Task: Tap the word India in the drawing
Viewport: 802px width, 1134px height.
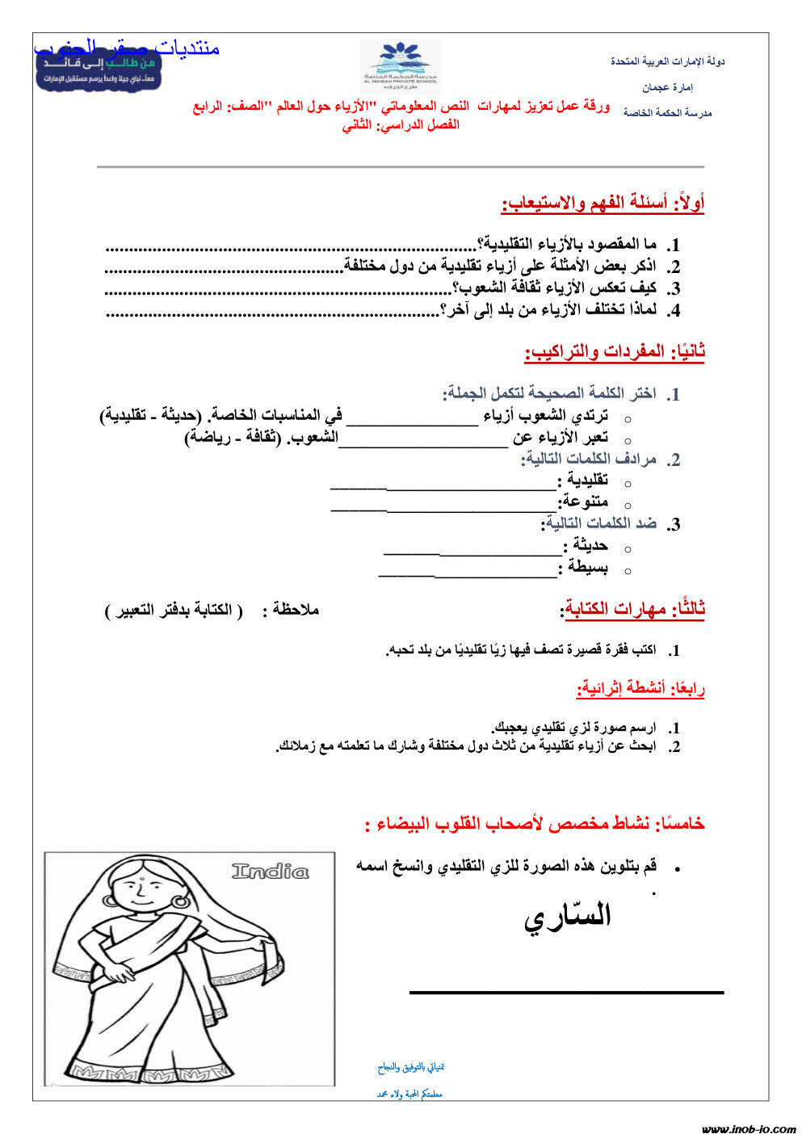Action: click(270, 871)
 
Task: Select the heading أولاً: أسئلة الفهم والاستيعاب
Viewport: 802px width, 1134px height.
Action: click(603, 203)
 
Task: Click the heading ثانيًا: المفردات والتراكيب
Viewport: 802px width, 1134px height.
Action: click(615, 351)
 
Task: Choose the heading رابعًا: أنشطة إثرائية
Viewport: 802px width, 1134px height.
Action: click(640, 688)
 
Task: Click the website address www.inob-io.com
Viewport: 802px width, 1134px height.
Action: click(748, 1128)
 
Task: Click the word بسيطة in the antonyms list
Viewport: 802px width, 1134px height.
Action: click(587, 567)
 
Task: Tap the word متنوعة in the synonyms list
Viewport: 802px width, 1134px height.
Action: click(586, 502)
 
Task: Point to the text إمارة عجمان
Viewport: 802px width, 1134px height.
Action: click(667, 87)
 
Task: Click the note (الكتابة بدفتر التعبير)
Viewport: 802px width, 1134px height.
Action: click(174, 610)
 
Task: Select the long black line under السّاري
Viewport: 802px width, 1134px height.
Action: click(566, 992)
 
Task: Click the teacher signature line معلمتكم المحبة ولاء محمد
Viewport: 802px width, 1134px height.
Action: click(409, 1094)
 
